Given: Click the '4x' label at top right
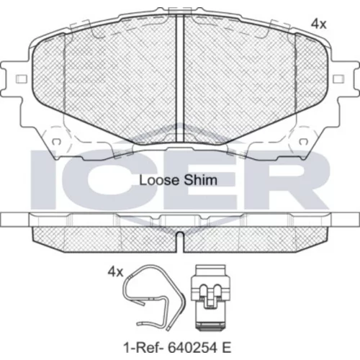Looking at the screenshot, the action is point(319,24).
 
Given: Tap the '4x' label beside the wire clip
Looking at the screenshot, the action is point(115,272).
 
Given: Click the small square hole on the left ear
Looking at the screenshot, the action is point(21,78).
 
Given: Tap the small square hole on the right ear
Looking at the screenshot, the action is point(338,78).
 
